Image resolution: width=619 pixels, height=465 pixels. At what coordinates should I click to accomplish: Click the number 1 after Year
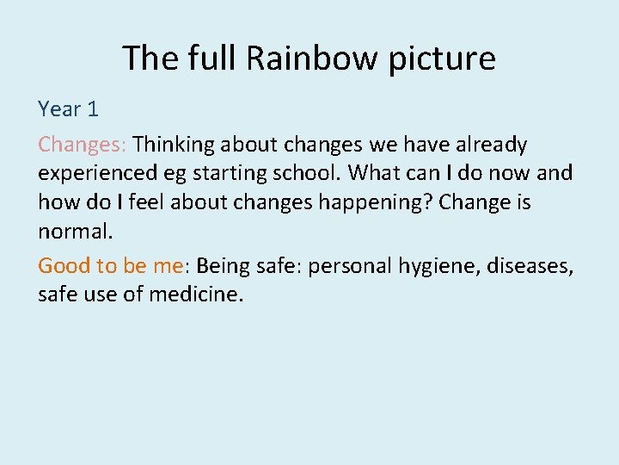coord(93,109)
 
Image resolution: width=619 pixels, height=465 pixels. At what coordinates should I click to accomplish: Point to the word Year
coord(59,109)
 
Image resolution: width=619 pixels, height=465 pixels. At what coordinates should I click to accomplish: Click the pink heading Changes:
coord(83,145)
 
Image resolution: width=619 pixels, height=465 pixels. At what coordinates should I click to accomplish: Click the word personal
coord(349,267)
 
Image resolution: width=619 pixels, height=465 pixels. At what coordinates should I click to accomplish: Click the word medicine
coord(196,295)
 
